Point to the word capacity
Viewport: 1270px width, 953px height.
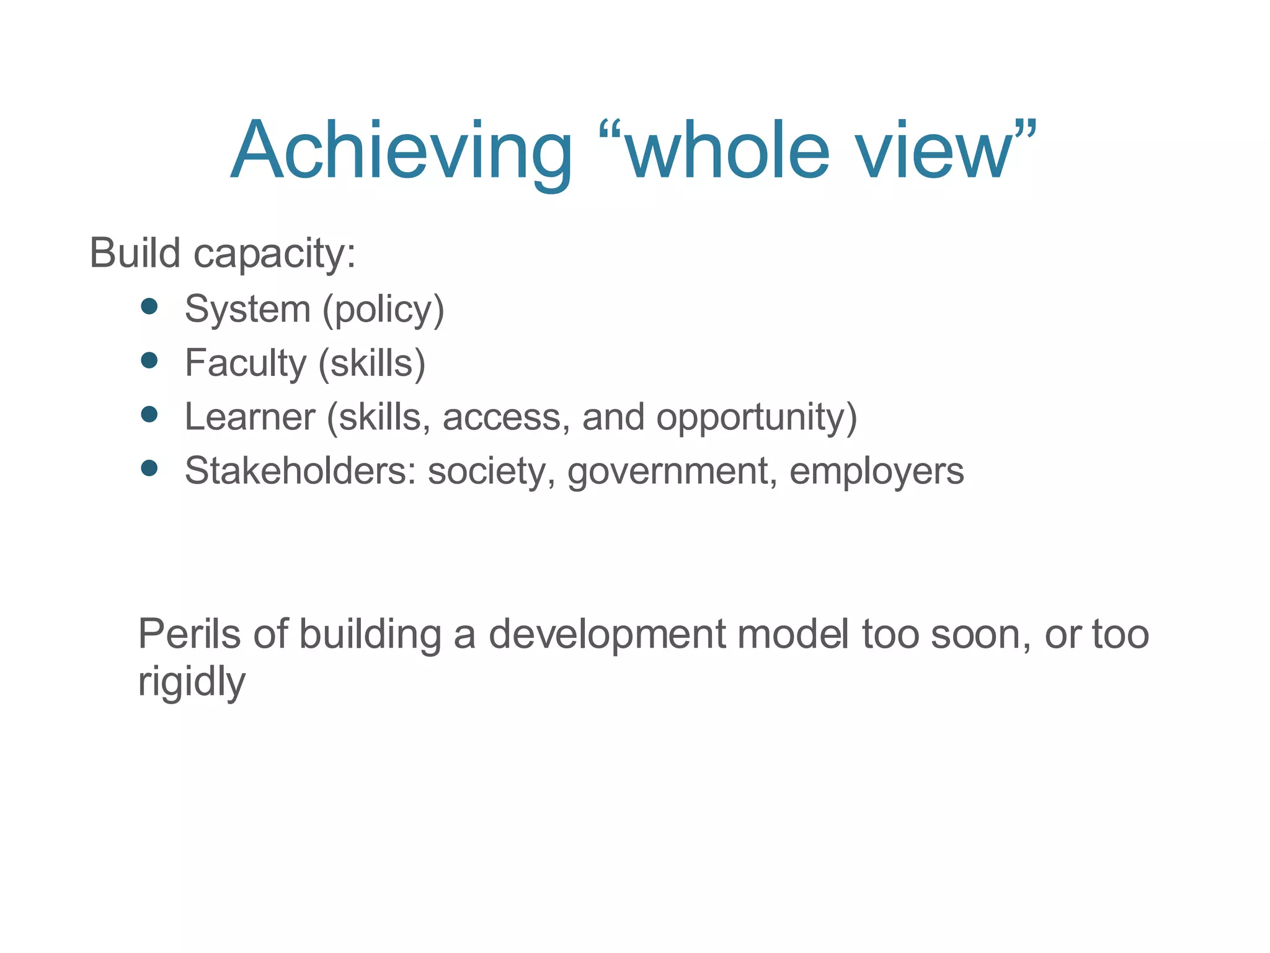275,254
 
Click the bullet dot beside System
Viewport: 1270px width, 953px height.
149,306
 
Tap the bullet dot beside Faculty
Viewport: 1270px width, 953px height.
149,360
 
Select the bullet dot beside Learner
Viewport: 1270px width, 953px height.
149,414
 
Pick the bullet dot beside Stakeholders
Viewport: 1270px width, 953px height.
149,468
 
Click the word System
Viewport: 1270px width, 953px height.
247,309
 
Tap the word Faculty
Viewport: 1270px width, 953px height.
246,363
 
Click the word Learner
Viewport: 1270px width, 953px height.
251,416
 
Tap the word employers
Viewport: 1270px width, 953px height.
876,472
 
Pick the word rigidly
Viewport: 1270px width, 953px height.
192,681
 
